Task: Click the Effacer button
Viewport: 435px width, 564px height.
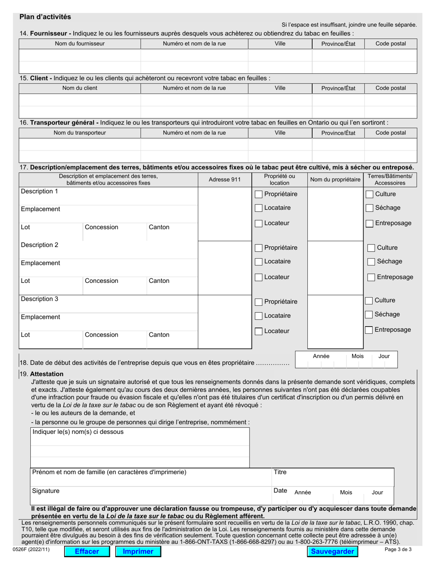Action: pyautogui.click(x=87, y=551)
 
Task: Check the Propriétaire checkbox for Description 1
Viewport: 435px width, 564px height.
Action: pyautogui.click(x=259, y=194)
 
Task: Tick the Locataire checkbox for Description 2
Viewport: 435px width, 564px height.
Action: pyautogui.click(x=259, y=262)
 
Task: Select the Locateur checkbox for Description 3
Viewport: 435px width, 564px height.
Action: pyautogui.click(x=259, y=331)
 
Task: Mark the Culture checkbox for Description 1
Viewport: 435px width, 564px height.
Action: pyautogui.click(x=370, y=194)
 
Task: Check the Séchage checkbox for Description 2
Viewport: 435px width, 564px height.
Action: pyautogui.click(x=371, y=262)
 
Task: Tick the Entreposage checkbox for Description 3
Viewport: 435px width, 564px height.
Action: pyautogui.click(x=369, y=330)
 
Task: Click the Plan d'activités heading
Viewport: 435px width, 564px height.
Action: pyautogui.click(x=45, y=17)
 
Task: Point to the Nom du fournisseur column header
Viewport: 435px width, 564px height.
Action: pyautogui.click(x=80, y=44)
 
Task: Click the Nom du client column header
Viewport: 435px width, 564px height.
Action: pyautogui.click(x=80, y=88)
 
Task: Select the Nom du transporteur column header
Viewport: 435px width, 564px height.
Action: pyautogui.click(x=80, y=133)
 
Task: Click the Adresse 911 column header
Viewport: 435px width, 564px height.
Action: pyautogui.click(x=224, y=180)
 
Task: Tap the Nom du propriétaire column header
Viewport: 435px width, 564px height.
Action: pyautogui.click(x=335, y=180)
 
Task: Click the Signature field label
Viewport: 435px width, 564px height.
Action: pyautogui.click(x=45, y=491)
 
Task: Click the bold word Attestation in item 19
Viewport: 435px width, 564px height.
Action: pyautogui.click(x=47, y=374)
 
